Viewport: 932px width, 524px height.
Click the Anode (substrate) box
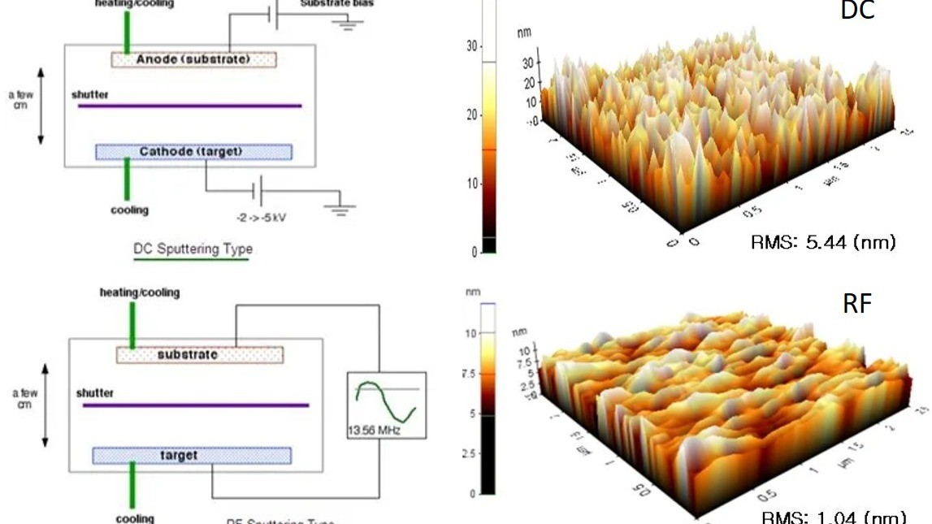tap(193, 59)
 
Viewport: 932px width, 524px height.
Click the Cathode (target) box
tap(193, 152)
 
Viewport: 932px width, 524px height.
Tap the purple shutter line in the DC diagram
tap(189, 106)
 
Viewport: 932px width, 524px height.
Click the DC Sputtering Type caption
tap(193, 249)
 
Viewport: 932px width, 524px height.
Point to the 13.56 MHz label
tap(375, 430)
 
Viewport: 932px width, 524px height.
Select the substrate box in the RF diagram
tap(199, 355)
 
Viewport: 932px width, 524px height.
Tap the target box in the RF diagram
tap(192, 455)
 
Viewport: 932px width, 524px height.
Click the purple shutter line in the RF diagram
tap(195, 405)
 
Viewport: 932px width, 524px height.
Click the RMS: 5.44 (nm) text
tap(823, 242)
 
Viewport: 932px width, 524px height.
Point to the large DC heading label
tap(856, 11)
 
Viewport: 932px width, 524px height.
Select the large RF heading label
tap(856, 304)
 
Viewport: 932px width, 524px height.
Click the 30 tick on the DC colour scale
tap(472, 46)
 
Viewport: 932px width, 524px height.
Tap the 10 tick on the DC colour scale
tap(472, 184)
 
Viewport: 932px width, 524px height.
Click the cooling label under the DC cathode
tap(129, 210)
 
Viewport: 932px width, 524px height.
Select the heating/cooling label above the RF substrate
tap(140, 292)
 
